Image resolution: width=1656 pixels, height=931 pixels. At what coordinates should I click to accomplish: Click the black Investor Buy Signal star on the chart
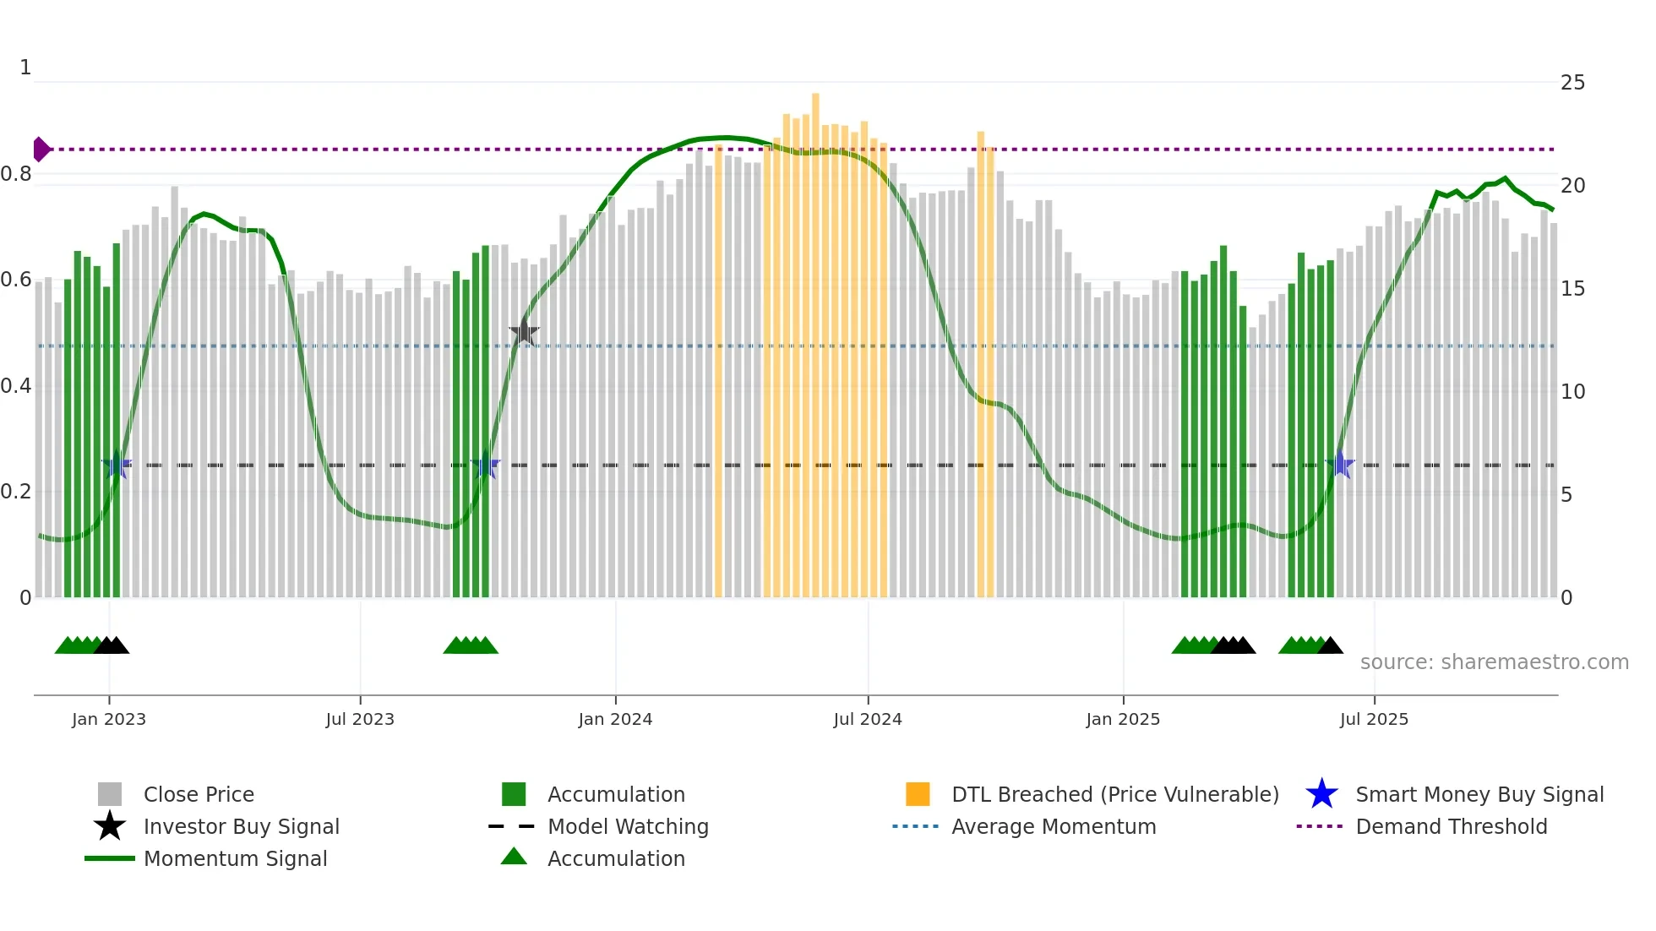[x=524, y=333]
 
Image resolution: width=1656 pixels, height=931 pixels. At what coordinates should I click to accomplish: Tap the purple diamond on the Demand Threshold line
[x=41, y=150]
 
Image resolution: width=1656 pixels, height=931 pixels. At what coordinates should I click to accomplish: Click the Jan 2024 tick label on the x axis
[x=615, y=719]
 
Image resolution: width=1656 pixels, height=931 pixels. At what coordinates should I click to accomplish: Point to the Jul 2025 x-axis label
[x=1374, y=719]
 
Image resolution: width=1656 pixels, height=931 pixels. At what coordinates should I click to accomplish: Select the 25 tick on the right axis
[x=1572, y=83]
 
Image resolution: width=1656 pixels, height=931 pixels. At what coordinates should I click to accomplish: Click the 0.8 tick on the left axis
[x=16, y=174]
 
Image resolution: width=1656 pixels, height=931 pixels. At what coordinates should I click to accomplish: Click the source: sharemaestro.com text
[x=1494, y=662]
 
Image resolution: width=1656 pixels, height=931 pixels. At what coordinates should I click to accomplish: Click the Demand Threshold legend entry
[x=1451, y=826]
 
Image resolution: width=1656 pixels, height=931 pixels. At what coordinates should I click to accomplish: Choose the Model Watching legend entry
[x=627, y=826]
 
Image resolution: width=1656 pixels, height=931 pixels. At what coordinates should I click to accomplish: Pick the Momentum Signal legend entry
[x=234, y=858]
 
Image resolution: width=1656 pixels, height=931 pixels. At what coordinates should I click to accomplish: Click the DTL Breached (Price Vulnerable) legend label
[x=1114, y=794]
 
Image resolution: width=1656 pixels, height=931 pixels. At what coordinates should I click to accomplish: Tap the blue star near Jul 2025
[x=1340, y=465]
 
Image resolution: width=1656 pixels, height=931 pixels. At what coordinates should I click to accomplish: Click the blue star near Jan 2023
[x=117, y=465]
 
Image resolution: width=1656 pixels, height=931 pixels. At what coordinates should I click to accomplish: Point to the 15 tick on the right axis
[x=1572, y=289]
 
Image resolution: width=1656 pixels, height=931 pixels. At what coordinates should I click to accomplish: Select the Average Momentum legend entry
[x=1053, y=826]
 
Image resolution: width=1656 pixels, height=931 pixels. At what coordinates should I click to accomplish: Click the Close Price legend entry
[x=198, y=794]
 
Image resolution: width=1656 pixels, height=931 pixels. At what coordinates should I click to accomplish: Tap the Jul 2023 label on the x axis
[x=360, y=719]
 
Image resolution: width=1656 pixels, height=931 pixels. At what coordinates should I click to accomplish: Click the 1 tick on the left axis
[x=25, y=68]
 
